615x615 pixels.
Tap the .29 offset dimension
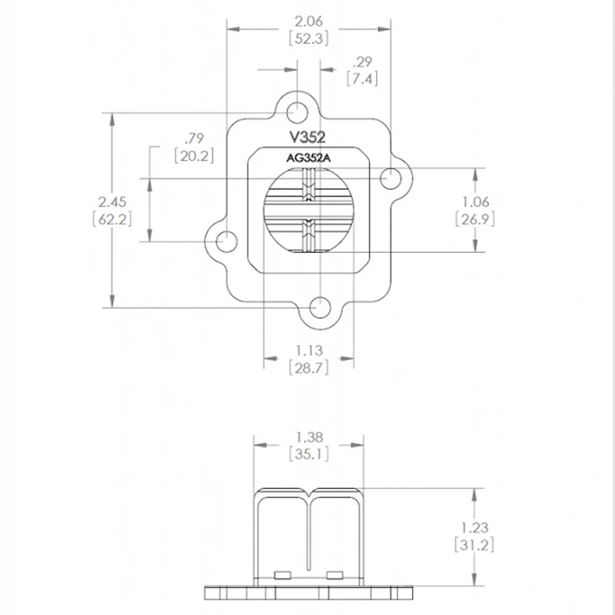(x=361, y=61)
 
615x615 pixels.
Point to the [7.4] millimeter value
(x=361, y=78)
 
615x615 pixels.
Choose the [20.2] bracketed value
(x=193, y=155)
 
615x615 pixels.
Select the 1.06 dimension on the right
(x=475, y=202)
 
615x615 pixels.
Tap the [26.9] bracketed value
(x=475, y=219)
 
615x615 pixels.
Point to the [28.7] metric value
(x=309, y=368)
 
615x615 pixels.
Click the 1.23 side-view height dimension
(x=475, y=527)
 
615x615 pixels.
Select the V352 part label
(x=307, y=138)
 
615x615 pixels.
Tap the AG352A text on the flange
(x=307, y=159)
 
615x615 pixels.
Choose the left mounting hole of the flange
(x=226, y=241)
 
